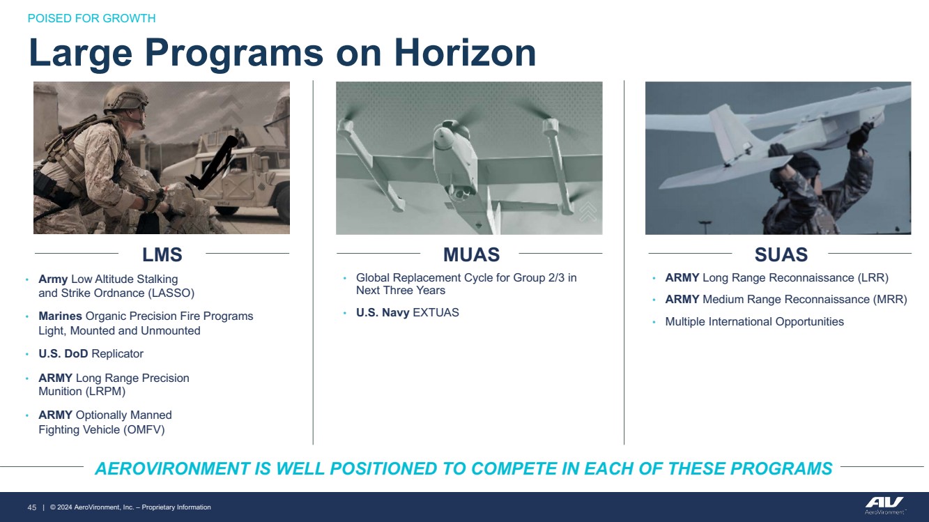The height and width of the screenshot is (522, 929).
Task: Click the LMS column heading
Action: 162,254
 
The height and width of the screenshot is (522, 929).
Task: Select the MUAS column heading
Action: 472,254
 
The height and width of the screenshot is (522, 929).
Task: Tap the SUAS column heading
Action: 781,254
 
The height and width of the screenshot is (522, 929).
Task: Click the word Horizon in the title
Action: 465,53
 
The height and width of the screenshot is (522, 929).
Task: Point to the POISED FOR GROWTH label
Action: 92,18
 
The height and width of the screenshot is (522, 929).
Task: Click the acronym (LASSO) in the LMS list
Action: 171,293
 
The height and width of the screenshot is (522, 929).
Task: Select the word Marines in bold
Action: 60,316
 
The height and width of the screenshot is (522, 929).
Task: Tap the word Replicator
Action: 117,353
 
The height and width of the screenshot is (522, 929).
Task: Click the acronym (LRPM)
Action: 103,392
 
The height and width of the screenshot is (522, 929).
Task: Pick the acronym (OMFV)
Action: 144,429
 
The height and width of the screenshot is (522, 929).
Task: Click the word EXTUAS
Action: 436,313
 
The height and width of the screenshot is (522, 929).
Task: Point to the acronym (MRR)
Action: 890,300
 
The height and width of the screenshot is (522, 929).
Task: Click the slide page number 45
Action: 32,507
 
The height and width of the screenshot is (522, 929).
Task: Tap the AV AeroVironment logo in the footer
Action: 884,505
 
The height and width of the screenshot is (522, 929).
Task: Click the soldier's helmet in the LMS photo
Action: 123,99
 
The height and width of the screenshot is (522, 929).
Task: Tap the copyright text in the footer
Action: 130,507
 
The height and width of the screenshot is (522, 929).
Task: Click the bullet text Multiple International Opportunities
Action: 754,322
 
